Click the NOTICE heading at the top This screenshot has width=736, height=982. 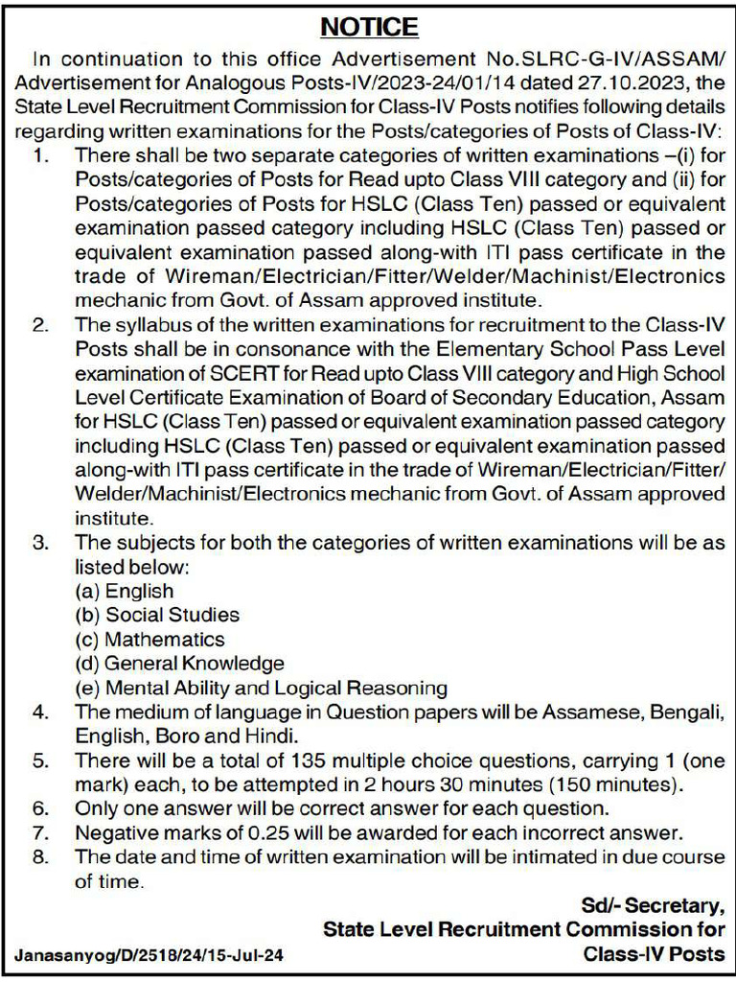pyautogui.click(x=368, y=26)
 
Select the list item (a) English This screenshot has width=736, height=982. pyautogui.click(x=125, y=591)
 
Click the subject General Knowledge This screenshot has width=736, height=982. pyautogui.click(x=179, y=663)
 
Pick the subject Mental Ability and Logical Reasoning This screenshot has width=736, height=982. pyautogui.click(x=261, y=688)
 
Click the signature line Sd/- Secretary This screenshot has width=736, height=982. pyautogui.click(x=653, y=904)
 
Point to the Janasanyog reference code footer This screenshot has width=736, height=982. pyautogui.click(x=149, y=955)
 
